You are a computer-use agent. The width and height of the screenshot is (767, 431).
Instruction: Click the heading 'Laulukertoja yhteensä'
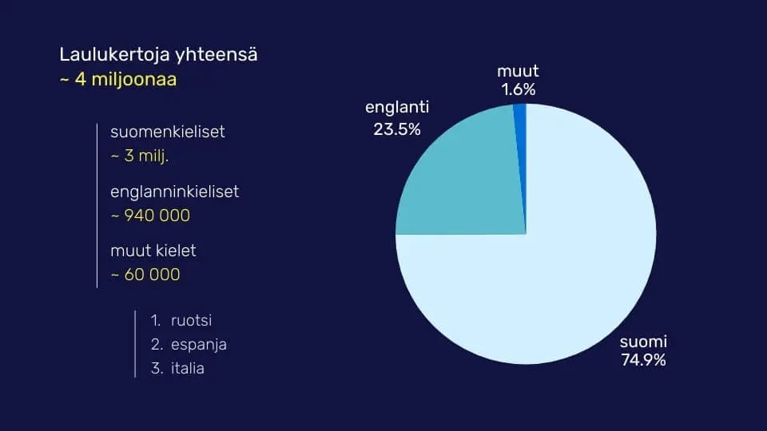(158, 55)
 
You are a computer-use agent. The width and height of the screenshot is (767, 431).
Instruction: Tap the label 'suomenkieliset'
(168, 132)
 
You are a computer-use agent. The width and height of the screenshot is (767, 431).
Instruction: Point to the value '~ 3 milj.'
(140, 156)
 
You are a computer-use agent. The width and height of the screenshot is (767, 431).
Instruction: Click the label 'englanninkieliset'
(175, 192)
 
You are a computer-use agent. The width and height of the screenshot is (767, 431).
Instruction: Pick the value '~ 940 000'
(150, 216)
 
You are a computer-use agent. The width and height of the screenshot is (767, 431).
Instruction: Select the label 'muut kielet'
(153, 251)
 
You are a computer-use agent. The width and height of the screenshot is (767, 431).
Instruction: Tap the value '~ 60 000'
(145, 275)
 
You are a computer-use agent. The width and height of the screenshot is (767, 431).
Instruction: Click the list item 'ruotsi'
(191, 321)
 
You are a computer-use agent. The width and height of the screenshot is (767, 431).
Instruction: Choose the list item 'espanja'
(198, 345)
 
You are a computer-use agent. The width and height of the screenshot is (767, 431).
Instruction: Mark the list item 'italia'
(187, 369)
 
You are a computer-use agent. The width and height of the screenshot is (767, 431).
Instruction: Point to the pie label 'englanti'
(397, 108)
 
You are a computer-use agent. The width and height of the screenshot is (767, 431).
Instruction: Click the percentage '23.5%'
(397, 129)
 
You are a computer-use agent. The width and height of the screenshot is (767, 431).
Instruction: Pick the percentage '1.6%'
(519, 89)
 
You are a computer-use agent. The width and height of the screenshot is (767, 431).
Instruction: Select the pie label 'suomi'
(643, 342)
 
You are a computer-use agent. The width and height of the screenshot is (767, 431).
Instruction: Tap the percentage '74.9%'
(643, 360)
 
